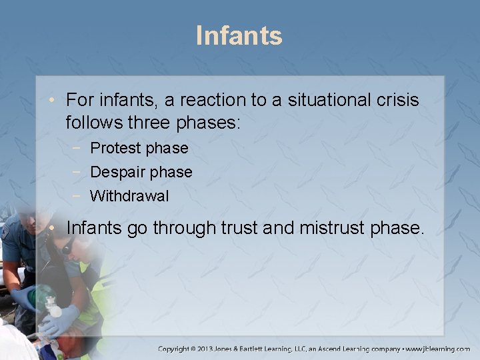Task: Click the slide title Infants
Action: coord(239,35)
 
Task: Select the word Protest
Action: coord(115,148)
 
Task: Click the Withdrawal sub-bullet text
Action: coord(129,196)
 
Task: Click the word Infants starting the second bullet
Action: coord(94,228)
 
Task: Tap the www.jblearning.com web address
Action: coord(438,349)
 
